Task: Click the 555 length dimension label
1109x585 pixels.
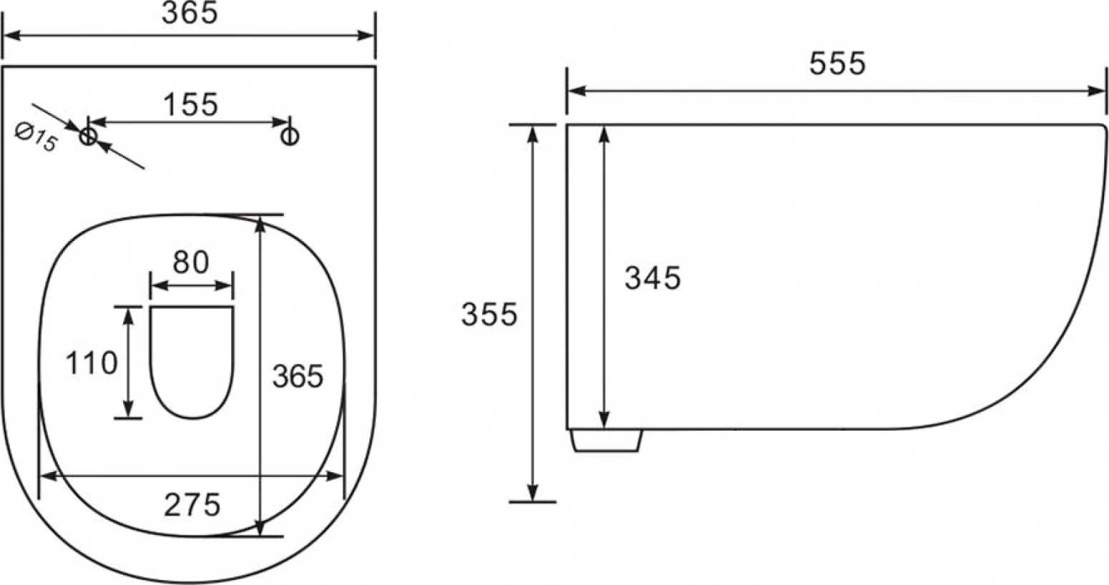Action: pos(837,64)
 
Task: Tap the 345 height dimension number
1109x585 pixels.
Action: pos(653,277)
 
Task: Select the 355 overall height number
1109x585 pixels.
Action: pos(489,314)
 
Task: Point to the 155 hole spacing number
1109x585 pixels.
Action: pos(190,104)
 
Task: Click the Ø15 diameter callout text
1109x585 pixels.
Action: pos(36,137)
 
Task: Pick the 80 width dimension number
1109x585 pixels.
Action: pos(190,262)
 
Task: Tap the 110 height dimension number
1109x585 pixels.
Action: pos(92,363)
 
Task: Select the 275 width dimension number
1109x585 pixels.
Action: pos(192,505)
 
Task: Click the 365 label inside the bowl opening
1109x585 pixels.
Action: pos(298,376)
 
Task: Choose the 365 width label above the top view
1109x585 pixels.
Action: pos(190,12)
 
